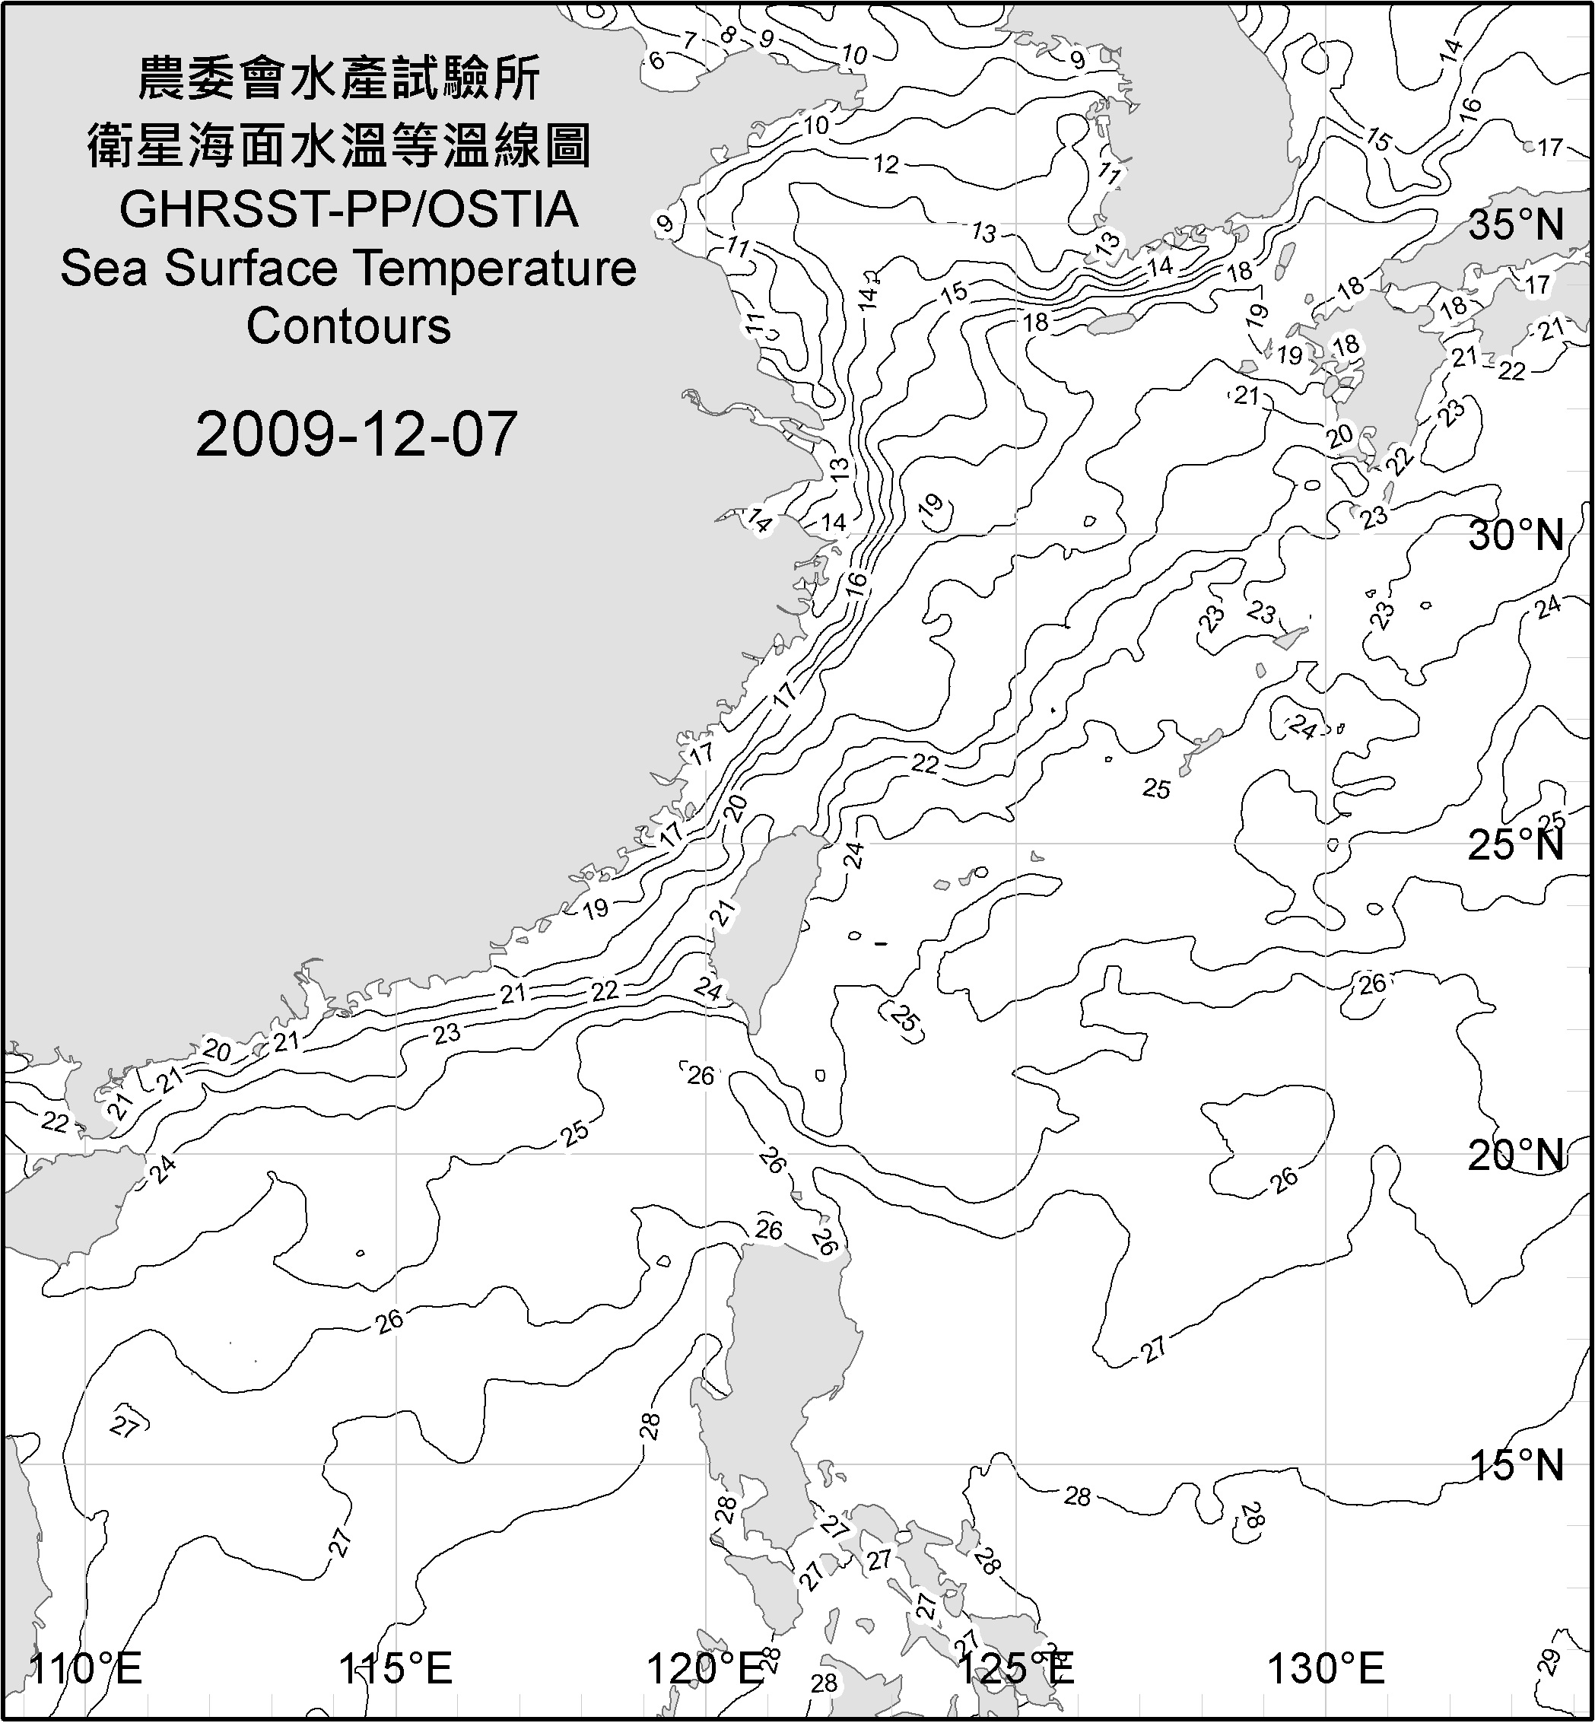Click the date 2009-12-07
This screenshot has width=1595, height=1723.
356,434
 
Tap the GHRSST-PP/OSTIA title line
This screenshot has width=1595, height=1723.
348,210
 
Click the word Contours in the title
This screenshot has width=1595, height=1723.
348,326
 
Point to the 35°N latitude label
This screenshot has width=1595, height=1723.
1516,225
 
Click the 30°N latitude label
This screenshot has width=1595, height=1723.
1516,536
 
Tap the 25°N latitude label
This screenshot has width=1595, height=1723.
1516,845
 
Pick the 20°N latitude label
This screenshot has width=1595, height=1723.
1516,1155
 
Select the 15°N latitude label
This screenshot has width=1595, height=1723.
1516,1465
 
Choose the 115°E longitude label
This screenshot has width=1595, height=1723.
396,1669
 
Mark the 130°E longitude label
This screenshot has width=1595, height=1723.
1327,1669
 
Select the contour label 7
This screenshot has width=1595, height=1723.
690,40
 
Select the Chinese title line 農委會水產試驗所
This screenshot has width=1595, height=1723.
339,79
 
